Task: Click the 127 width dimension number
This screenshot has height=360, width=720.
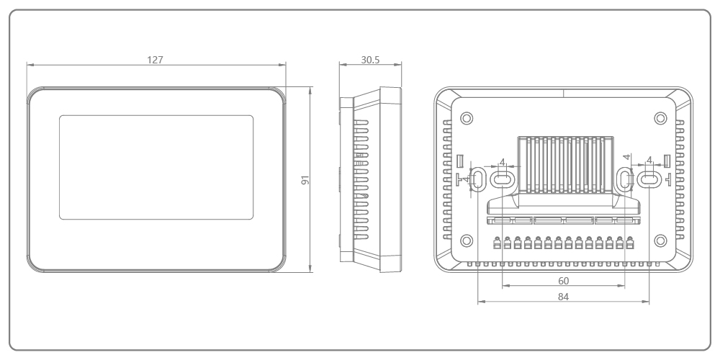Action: click(156, 60)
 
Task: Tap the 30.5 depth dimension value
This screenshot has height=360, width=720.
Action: click(370, 60)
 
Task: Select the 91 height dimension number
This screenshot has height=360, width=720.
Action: click(305, 180)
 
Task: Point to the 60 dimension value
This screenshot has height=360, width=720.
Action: click(564, 281)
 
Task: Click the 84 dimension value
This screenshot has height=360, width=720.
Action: click(564, 297)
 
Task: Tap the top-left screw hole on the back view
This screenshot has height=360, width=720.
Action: click(467, 118)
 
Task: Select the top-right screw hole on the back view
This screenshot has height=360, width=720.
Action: click(660, 118)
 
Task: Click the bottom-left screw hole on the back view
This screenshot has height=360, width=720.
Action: click(467, 240)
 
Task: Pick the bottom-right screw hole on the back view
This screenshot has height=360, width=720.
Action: click(660, 240)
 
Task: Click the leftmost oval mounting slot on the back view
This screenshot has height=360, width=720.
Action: click(478, 179)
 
